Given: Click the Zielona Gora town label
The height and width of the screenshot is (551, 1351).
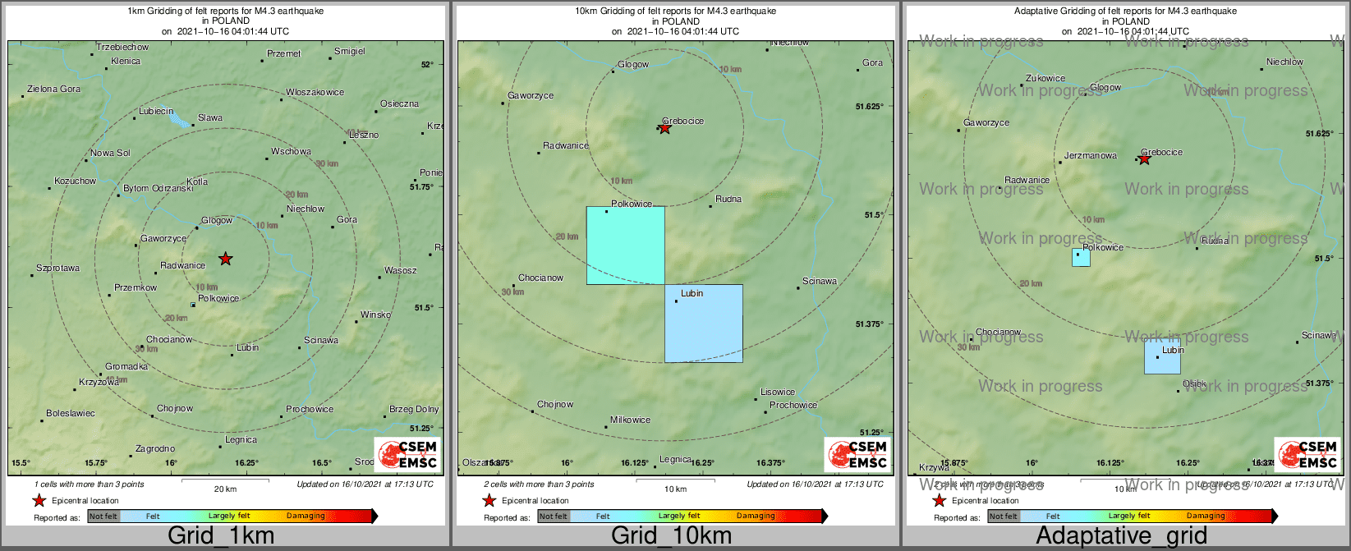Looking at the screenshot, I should click(53, 89).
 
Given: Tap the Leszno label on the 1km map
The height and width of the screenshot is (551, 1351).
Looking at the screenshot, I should click(364, 135).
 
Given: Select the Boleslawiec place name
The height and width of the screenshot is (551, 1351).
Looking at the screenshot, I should click(71, 413).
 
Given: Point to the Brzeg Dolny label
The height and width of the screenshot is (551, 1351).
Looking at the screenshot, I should click(414, 409).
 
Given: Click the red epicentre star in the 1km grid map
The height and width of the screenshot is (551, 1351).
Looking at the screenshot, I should click(226, 259).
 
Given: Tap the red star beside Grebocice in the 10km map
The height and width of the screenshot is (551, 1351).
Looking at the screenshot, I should click(665, 128).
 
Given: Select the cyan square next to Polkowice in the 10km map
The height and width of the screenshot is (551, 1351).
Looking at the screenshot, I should click(625, 246).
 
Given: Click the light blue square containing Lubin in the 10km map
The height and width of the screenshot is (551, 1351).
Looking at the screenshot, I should click(704, 323).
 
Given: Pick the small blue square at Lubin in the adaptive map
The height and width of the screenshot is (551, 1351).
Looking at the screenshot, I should click(1162, 356).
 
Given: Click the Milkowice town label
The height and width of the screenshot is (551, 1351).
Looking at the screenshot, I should click(630, 420).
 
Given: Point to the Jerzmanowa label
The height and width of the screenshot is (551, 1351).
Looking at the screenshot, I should click(1090, 155).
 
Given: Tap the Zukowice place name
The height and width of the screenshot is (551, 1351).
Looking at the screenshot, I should click(1045, 79).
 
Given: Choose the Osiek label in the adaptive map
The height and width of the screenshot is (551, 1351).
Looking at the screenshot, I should click(1194, 383).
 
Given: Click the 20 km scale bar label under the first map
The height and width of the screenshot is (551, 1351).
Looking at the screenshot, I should click(225, 489).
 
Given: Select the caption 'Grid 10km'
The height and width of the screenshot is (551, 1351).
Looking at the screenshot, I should click(671, 536).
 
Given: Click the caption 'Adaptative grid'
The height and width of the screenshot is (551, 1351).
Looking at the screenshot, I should click(1121, 536).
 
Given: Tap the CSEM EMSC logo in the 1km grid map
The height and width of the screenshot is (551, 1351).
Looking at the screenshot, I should click(407, 454).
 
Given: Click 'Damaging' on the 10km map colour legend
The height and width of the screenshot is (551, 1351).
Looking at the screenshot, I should click(756, 516).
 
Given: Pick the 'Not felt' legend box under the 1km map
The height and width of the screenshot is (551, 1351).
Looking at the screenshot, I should click(103, 516).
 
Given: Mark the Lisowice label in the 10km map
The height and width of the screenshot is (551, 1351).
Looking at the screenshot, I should click(777, 392).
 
